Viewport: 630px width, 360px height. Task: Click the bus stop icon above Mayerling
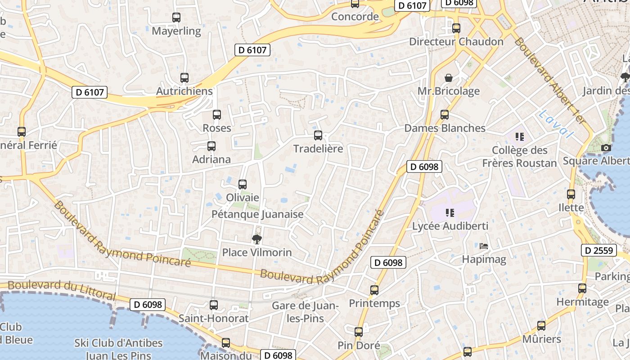(x=176, y=18)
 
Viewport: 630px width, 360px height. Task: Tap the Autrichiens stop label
(x=184, y=91)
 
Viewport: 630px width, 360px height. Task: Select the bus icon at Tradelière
(x=318, y=135)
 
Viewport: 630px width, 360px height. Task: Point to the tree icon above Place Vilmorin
(x=257, y=238)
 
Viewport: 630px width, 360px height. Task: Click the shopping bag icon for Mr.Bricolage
(x=449, y=78)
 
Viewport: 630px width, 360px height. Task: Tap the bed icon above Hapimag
(x=484, y=246)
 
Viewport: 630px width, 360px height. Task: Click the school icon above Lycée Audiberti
(x=450, y=212)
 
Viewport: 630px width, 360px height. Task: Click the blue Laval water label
(x=556, y=123)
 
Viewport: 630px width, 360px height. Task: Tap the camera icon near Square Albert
(x=606, y=148)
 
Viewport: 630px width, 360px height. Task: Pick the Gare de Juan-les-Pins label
(x=305, y=312)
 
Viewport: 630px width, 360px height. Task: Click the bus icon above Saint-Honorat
(x=214, y=305)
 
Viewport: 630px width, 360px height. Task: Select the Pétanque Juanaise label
(x=257, y=214)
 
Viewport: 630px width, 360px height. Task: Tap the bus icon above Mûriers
(x=541, y=325)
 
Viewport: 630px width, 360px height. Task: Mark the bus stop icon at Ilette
(x=571, y=194)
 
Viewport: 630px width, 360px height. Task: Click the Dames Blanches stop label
(x=445, y=128)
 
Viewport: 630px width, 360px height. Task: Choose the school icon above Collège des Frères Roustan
(x=520, y=136)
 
